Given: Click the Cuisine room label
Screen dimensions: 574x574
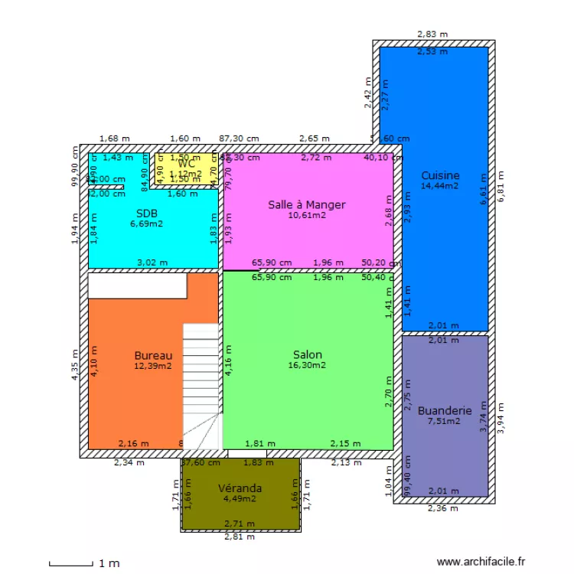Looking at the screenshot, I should [440, 175].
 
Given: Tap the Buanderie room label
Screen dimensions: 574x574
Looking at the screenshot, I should [445, 411].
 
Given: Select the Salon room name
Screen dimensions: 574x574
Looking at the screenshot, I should [307, 355].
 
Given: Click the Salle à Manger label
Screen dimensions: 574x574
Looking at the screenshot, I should [306, 204].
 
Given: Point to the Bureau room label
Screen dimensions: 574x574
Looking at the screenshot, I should [153, 355].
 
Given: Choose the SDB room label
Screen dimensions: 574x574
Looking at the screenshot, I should [146, 213].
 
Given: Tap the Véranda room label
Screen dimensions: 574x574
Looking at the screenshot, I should [240, 488].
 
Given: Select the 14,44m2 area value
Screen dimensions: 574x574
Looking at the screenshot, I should [440, 185].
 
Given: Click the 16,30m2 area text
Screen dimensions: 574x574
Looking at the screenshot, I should [307, 366].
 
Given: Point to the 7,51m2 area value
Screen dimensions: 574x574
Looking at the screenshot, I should [445, 421].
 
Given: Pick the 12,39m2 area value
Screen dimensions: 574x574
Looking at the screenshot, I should [153, 366].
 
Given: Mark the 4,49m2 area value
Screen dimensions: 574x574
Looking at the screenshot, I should [240, 499].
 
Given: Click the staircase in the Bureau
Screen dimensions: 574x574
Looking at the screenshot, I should [201, 383].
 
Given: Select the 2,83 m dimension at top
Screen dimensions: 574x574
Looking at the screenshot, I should [432, 34].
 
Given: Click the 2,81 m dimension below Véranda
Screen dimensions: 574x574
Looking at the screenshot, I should [240, 536].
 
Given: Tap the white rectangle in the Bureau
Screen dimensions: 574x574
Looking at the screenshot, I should [137, 285].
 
